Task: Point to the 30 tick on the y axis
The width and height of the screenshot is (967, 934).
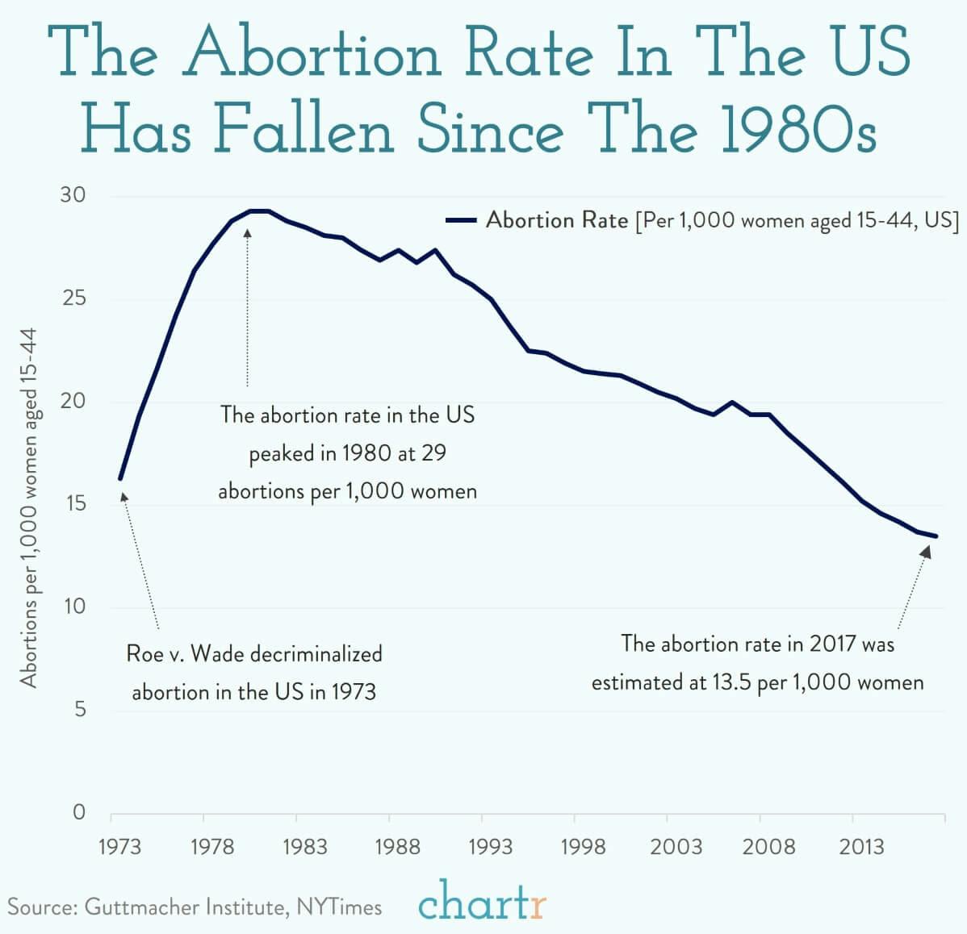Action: [x=73, y=196]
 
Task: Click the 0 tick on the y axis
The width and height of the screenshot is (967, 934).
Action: [x=79, y=812]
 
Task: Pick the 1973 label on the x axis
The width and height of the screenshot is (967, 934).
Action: [x=119, y=847]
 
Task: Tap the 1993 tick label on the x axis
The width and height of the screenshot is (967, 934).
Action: [x=489, y=847]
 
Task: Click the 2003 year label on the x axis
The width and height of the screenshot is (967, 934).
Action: [x=676, y=847]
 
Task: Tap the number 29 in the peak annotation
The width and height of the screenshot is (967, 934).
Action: [x=433, y=453]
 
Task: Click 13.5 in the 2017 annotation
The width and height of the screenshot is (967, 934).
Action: [x=732, y=682]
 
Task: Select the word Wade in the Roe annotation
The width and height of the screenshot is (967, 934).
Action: [x=217, y=653]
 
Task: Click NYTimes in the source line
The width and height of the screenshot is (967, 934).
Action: [x=339, y=907]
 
